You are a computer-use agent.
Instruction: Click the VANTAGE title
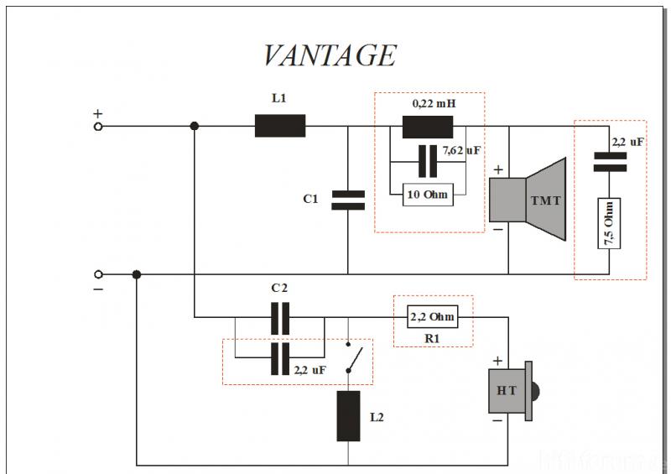point(329,55)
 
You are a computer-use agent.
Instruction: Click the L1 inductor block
point(279,126)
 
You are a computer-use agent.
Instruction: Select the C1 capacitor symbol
point(348,200)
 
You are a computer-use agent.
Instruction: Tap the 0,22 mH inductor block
point(427,126)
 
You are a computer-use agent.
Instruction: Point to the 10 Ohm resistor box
point(426,195)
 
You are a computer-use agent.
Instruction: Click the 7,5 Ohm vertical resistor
point(609,223)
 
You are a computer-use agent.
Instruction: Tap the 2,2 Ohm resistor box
point(433,317)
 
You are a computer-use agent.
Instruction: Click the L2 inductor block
point(348,415)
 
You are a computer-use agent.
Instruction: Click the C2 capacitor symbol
point(279,317)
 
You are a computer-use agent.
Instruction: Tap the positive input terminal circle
point(98,126)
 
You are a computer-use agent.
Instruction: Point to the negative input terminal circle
point(98,273)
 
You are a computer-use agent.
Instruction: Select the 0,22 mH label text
point(434,103)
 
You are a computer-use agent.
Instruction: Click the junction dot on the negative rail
point(137,273)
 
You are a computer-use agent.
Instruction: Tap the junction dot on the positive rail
point(195,126)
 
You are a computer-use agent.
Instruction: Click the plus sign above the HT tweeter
point(497,361)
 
